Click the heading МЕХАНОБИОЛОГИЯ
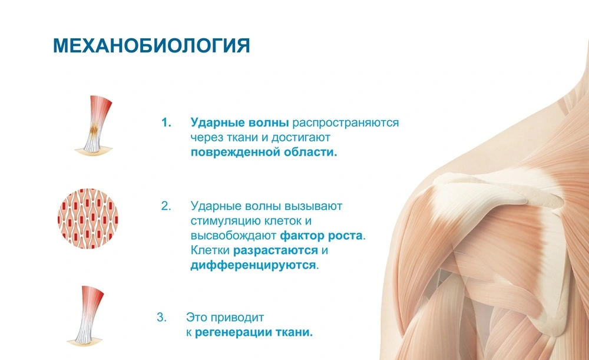click(x=151, y=46)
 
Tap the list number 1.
click(x=166, y=123)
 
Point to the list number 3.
click(x=161, y=318)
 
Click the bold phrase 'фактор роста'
click(x=322, y=236)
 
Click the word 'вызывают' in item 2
click(x=318, y=207)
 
